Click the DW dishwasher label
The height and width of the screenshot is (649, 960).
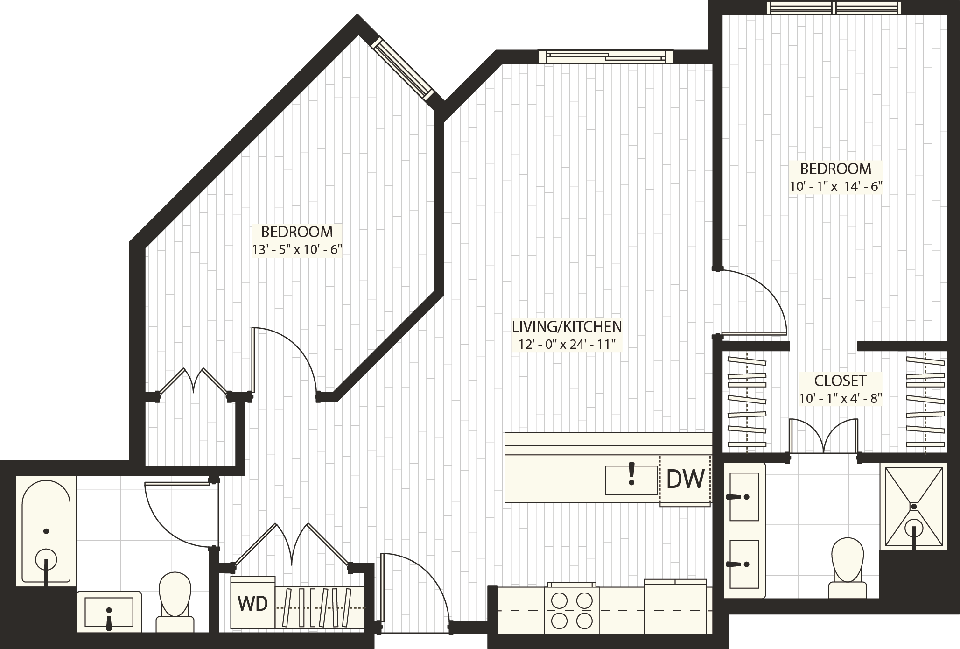685,479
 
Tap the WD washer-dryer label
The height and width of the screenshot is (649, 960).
252,604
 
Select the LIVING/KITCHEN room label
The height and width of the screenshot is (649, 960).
567,326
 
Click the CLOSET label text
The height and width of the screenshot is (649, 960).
840,381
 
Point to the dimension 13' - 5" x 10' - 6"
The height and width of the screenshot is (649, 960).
297,250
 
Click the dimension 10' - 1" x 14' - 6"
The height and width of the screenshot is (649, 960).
835,187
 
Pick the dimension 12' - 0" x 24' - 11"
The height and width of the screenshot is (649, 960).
567,345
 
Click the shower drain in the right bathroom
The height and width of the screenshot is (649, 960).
913,505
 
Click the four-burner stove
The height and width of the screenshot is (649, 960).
571,609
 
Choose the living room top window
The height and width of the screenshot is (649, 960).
605,56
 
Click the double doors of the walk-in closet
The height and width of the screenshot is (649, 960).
824,437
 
